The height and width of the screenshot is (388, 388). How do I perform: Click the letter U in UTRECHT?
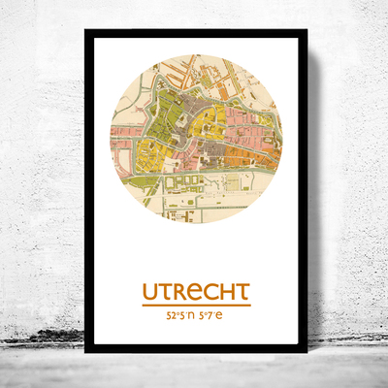pyautogui.click(x=150, y=291)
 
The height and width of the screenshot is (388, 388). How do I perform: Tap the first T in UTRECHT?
pyautogui.click(x=166, y=291)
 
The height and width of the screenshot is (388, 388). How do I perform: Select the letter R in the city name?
pyautogui.click(x=180, y=291)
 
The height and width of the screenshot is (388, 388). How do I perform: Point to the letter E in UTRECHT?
pyautogui.click(x=195, y=291)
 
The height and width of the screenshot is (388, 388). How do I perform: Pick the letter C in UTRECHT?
pyautogui.click(x=210, y=291)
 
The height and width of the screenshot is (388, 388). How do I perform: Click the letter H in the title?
pyautogui.click(x=225, y=291)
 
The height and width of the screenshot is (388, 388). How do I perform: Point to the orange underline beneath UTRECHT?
pyautogui.click(x=196, y=305)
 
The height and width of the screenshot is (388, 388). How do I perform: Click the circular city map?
pyautogui.click(x=195, y=138)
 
